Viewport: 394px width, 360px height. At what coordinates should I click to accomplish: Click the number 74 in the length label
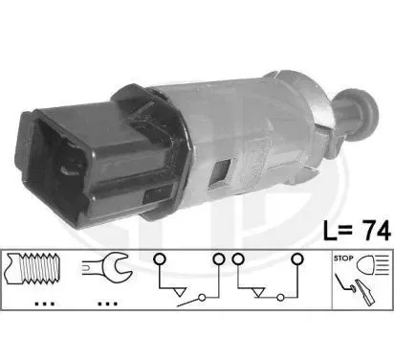click(x=378, y=230)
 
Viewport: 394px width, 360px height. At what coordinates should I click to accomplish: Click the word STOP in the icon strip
click(x=343, y=259)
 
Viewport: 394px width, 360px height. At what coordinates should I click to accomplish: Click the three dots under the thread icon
click(x=45, y=304)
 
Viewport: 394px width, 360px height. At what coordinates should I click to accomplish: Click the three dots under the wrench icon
click(x=107, y=304)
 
